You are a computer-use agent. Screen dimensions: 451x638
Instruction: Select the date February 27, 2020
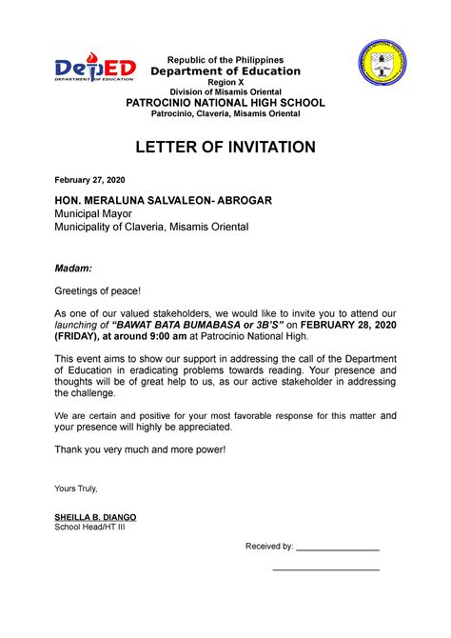pyautogui.click(x=89, y=180)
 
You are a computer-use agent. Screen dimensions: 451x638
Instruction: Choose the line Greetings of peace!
pyautogui.click(x=97, y=290)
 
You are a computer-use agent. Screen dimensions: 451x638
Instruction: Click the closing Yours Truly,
pyautogui.click(x=76, y=488)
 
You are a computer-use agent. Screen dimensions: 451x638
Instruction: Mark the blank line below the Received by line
pyautogui.click(x=325, y=570)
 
